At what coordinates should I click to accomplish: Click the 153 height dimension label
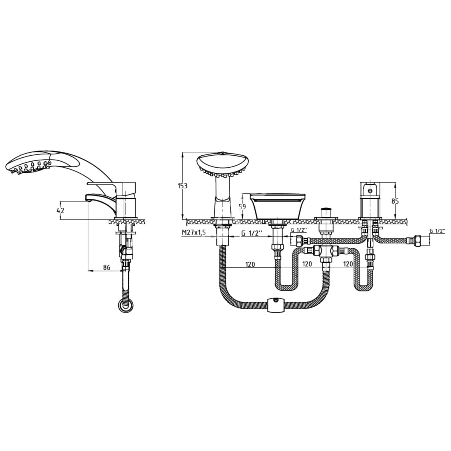pyautogui.click(x=183, y=186)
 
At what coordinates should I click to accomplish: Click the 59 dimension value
pyautogui.click(x=242, y=207)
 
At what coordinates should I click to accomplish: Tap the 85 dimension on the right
pyautogui.click(x=395, y=201)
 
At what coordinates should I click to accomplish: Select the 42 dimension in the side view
pyautogui.click(x=60, y=210)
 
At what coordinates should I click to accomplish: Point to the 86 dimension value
pyautogui.click(x=106, y=267)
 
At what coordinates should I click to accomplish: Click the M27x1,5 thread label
pyautogui.click(x=194, y=233)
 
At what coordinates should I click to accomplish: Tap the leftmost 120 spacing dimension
pyautogui.click(x=250, y=264)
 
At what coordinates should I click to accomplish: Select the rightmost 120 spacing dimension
pyautogui.click(x=348, y=264)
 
